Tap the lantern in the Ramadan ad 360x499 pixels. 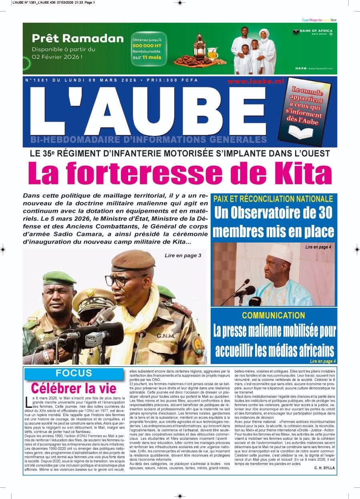point(199,46)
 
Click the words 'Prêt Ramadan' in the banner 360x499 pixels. point(78,38)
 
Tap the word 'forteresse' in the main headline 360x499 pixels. point(154,173)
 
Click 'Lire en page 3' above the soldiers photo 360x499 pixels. point(183,255)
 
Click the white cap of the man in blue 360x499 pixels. point(280,253)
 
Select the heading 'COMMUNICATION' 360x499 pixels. point(274,315)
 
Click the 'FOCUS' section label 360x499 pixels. point(74,373)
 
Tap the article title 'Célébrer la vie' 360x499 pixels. point(74,388)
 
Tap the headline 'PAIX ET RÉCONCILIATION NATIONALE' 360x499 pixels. point(273,199)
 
